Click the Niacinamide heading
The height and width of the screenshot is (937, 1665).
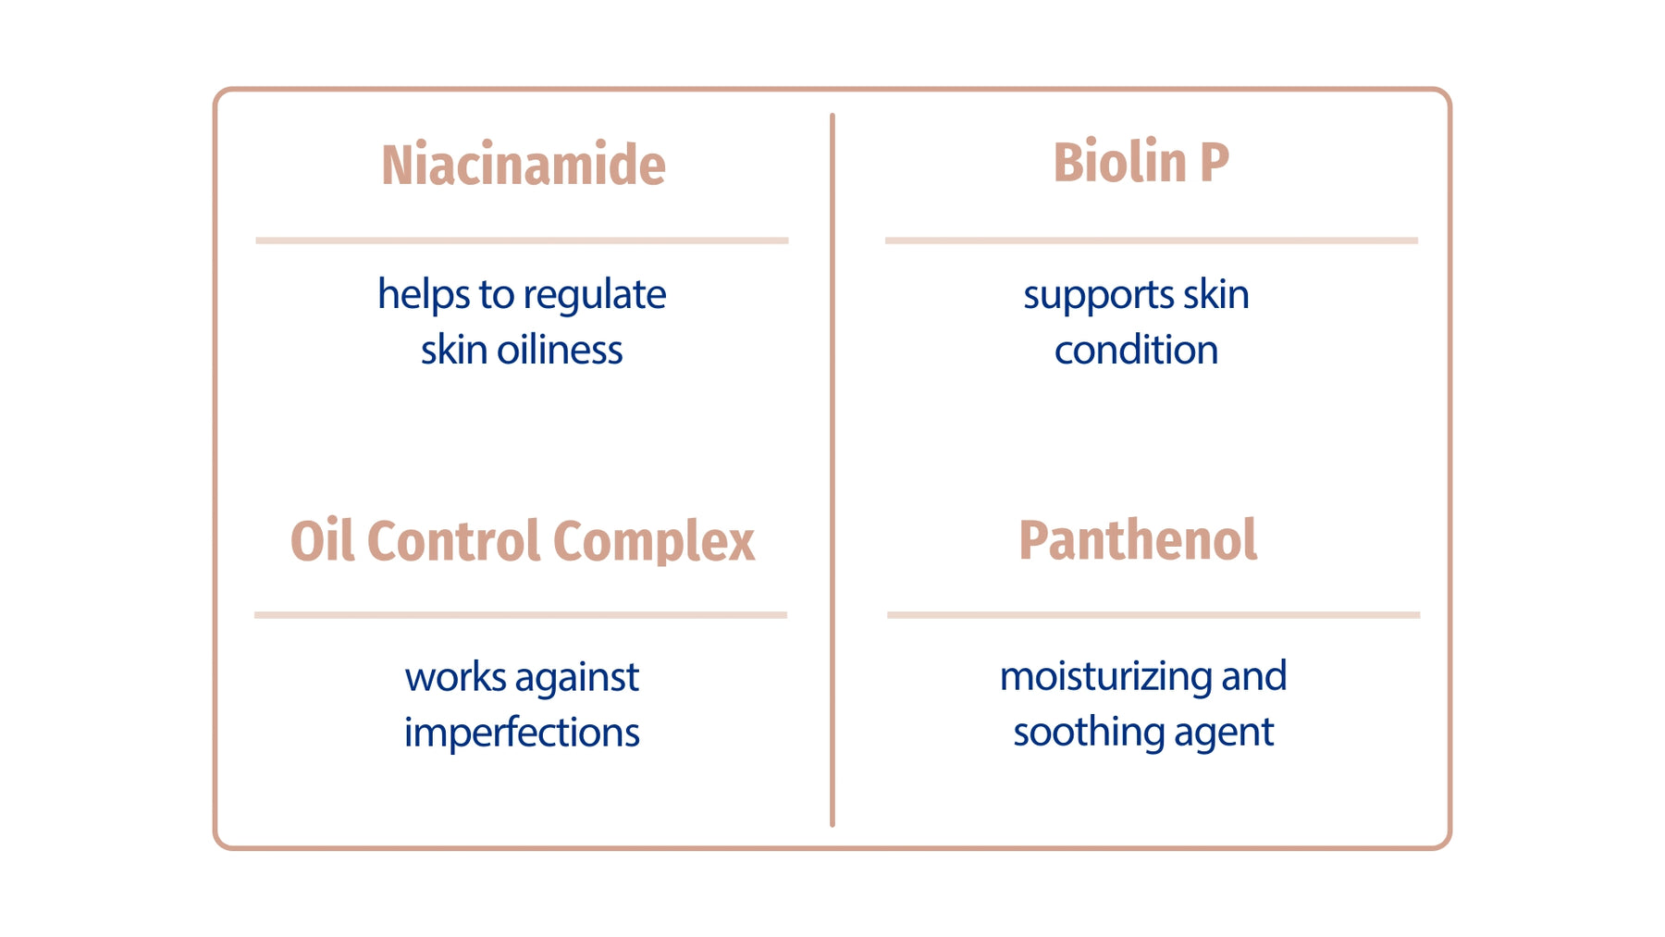(x=524, y=165)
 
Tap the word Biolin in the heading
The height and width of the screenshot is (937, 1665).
(x=1119, y=162)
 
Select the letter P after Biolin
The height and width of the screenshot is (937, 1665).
(x=1215, y=163)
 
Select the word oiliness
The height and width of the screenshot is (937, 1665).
(x=560, y=350)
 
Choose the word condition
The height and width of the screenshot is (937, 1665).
(x=1136, y=350)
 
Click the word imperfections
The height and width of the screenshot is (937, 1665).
(x=522, y=734)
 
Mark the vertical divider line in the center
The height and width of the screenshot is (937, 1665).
(x=832, y=470)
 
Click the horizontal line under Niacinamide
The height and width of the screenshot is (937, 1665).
(x=522, y=240)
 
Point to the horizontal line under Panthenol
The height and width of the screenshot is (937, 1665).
(x=1153, y=615)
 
